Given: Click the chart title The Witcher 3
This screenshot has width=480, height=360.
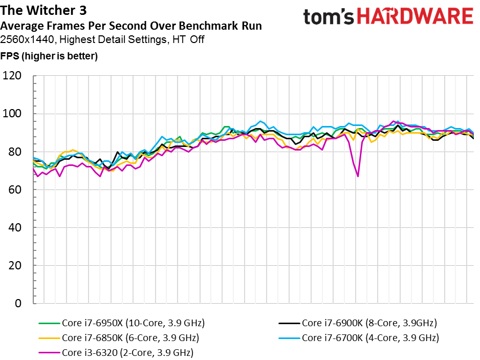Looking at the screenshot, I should coord(43,11).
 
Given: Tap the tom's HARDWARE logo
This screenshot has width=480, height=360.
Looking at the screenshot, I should coord(387,17).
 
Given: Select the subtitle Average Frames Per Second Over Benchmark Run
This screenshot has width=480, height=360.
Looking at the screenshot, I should coord(132,26).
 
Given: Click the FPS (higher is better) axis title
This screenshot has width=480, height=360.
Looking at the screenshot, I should coord(49,56).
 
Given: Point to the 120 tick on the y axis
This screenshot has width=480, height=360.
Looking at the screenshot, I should coord(12,76).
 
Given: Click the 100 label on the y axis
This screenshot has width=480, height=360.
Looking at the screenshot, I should coord(12,114).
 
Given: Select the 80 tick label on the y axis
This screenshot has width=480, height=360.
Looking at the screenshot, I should coord(15,152).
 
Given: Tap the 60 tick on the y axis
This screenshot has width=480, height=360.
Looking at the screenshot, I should coord(15,190).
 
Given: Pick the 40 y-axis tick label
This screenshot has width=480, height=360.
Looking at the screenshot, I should coord(15,228).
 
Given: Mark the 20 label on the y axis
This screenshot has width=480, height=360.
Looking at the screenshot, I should coord(15,266).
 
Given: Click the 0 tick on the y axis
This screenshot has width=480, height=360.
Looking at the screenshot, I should coord(18,304).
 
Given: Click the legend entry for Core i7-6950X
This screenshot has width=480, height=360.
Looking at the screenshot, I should coord(133,323).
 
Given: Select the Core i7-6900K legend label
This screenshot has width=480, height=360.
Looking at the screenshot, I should coord(369,323).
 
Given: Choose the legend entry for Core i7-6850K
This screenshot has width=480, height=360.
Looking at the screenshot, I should coord(130,338).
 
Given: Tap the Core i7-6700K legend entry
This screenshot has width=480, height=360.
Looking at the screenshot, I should coord(370,338).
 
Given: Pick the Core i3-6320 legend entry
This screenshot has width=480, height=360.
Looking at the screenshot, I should coord(127,353).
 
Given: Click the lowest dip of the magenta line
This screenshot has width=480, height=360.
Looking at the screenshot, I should coord(358,176).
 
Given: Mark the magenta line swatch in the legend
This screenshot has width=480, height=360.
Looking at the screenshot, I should coord(49,353).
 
